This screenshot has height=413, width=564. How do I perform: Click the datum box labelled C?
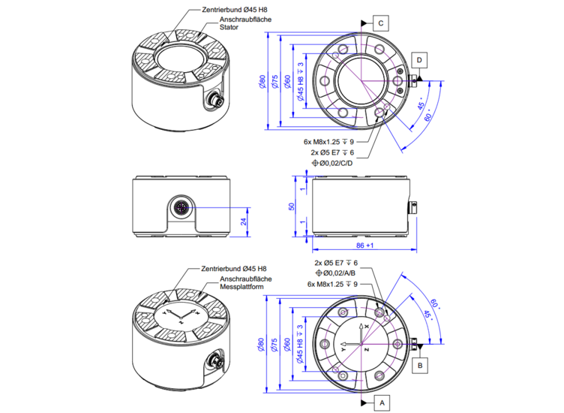pos(381,24)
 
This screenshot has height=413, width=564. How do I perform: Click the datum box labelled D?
pos(419,59)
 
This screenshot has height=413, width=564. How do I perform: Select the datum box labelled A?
pos(382,403)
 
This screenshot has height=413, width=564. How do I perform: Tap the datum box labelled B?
pos(420,365)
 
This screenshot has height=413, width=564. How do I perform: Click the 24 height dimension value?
pos(242,222)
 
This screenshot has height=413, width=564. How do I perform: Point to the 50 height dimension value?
pos(292,206)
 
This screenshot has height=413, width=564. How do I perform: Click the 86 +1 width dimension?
pos(363,246)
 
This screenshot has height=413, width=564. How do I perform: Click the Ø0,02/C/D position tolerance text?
pos(334,163)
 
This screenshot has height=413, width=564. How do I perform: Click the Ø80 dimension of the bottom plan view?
pos(262,345)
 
